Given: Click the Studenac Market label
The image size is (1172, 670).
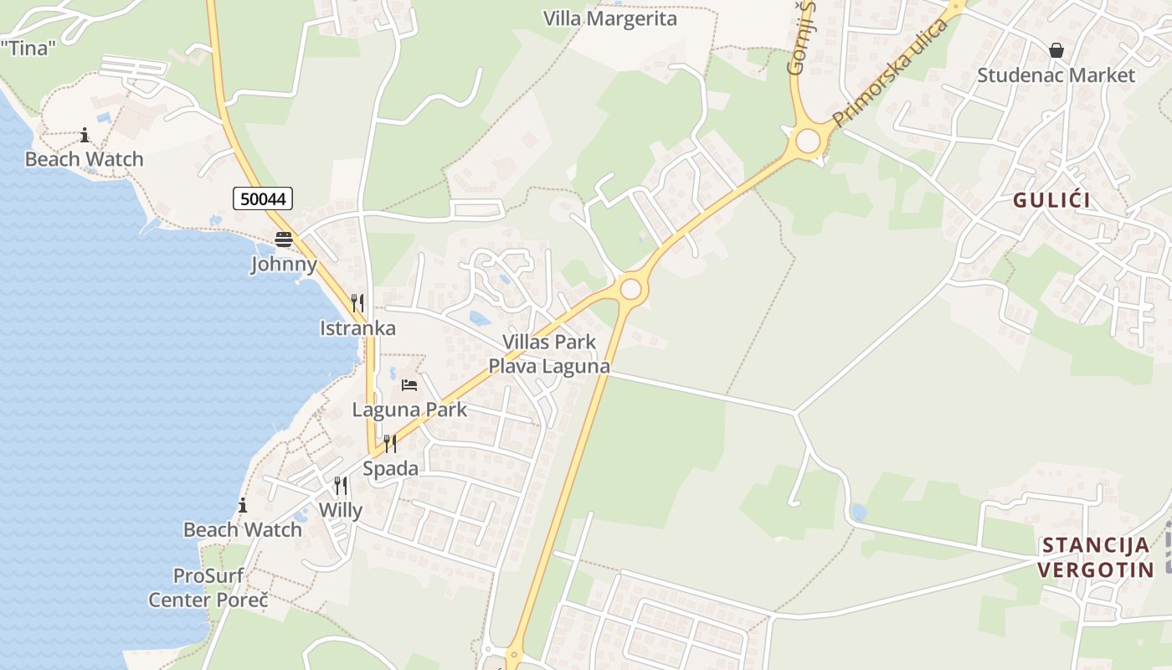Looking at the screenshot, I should [1056, 75].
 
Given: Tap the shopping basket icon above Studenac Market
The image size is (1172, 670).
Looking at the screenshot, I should [1056, 50].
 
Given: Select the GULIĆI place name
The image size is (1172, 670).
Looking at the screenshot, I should [1051, 200].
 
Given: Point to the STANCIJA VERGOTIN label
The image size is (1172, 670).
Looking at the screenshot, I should [1096, 558].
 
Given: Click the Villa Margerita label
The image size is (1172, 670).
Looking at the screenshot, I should [609, 18].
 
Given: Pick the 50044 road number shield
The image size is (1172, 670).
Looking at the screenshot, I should [263, 198].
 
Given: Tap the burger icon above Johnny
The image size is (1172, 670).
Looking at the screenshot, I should [284, 240].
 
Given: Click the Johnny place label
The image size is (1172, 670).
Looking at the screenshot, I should [284, 265].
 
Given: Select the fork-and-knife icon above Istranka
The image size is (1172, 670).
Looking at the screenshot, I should [357, 302].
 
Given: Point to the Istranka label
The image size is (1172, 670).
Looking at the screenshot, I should [357, 327].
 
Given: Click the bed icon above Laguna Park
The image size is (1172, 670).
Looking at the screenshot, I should [409, 385].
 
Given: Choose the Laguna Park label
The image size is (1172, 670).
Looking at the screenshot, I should [409, 410].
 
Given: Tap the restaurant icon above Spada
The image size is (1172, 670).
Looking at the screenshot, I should [390, 443].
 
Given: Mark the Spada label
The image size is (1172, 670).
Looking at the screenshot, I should [390, 468].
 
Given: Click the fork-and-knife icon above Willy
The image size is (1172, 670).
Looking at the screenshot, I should [341, 485].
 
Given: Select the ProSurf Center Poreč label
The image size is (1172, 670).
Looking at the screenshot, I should [208, 588].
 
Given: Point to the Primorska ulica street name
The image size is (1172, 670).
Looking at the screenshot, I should [891, 73].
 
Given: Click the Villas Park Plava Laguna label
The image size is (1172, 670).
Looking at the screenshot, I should [549, 353].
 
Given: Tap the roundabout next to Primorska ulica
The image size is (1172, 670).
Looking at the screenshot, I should [808, 141].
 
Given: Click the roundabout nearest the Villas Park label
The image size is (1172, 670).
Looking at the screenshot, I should [631, 289].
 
